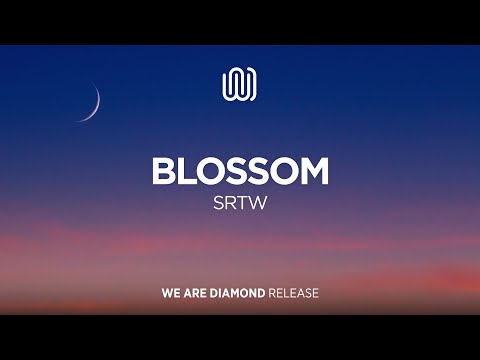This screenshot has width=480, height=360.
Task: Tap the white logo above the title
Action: point(240,84)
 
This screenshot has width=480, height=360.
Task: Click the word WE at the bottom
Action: point(171,294)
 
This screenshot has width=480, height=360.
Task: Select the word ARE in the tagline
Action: point(196,294)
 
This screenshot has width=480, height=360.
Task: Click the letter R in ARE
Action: point(196,294)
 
